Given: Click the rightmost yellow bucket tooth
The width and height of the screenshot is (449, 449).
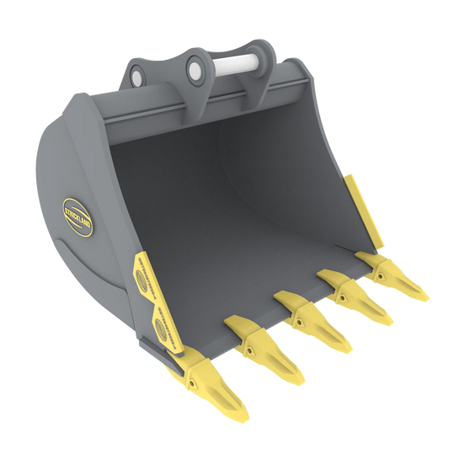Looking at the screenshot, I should click(x=394, y=270).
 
